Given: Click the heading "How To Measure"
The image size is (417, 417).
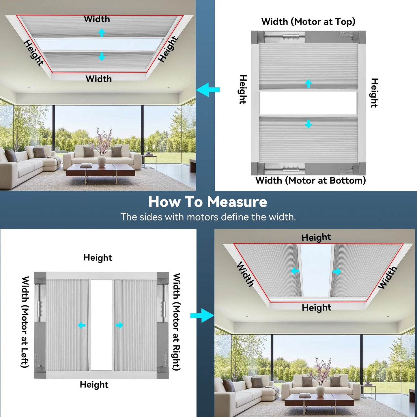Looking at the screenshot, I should (x=208, y=202).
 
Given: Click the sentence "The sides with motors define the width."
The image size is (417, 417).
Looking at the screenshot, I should (x=208, y=217).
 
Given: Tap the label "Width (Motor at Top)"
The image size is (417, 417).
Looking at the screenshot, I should (x=308, y=22).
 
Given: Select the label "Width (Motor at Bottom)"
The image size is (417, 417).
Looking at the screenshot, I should (x=311, y=181).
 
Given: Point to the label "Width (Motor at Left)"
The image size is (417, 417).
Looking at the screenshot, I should (x=25, y=322).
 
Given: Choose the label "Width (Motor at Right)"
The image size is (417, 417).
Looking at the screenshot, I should (x=176, y=322).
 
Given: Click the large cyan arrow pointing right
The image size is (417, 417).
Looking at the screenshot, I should (x=202, y=315).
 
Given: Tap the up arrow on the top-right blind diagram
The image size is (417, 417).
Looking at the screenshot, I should (x=308, y=83).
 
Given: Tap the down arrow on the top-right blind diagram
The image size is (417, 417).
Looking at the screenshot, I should (x=308, y=124).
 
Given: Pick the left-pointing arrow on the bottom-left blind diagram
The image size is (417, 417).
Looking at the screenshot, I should (x=82, y=326).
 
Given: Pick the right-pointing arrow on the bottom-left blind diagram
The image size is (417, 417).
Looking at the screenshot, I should (x=119, y=326).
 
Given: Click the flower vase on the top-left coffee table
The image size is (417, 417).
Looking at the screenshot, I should (x=102, y=160).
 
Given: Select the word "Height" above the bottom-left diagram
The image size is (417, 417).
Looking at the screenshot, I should (x=98, y=258).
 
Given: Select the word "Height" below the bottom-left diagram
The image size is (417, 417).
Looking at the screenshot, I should (x=94, y=385).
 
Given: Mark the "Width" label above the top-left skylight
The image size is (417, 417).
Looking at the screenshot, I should (x=97, y=19).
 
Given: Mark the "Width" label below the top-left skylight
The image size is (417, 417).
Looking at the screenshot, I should (x=99, y=79).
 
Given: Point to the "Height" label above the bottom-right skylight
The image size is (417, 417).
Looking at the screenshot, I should (x=316, y=238).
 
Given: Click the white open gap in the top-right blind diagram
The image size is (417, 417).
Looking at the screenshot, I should (x=308, y=103).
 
